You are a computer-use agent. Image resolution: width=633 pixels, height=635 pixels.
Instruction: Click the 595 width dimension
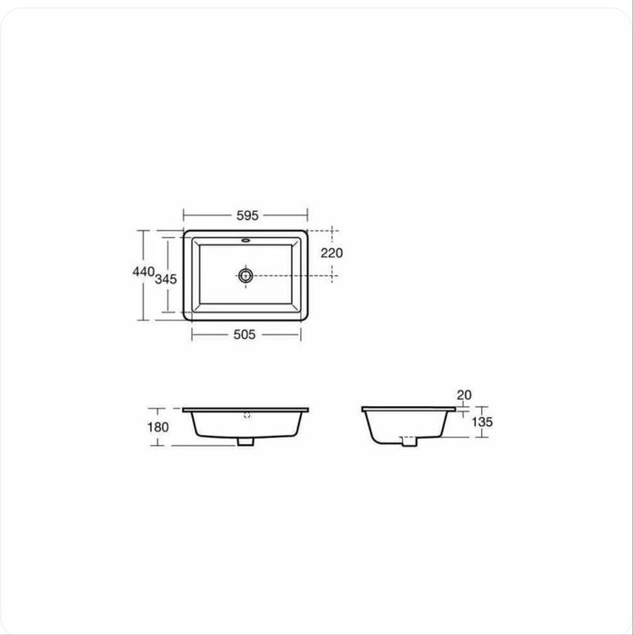pyautogui.click(x=247, y=215)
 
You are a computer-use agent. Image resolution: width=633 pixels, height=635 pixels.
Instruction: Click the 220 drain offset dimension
pyautogui.click(x=332, y=253)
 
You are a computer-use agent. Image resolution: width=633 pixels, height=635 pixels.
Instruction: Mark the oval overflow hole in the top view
pyautogui.click(x=246, y=242)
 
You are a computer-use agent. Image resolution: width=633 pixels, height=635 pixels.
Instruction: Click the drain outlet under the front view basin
pyautogui.click(x=246, y=442)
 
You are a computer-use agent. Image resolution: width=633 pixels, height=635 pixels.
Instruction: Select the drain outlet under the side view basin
pyautogui.click(x=408, y=442)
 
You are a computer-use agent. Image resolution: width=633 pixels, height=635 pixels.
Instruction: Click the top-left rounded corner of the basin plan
pyautogui.click(x=187, y=234)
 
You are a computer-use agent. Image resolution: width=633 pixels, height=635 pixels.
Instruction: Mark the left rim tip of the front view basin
pyautogui.click(x=185, y=410)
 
